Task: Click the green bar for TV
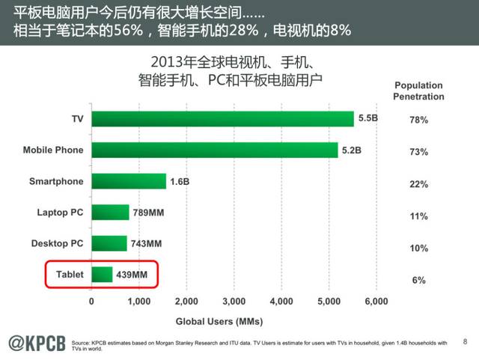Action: pyautogui.click(x=222, y=119)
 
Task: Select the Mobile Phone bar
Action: pyautogui.click(x=214, y=150)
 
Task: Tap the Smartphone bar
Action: pyautogui.click(x=129, y=181)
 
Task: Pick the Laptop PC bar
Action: pyautogui.click(x=110, y=213)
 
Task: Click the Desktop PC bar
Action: pyautogui.click(x=109, y=243)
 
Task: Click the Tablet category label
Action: pyautogui.click(x=70, y=275)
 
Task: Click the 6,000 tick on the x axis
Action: pyautogui.click(x=376, y=302)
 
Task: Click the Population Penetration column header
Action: pyautogui.click(x=418, y=91)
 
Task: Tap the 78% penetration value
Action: pyautogui.click(x=418, y=120)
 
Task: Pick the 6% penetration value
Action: pyautogui.click(x=418, y=280)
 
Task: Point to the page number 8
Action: pyautogui.click(x=465, y=341)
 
